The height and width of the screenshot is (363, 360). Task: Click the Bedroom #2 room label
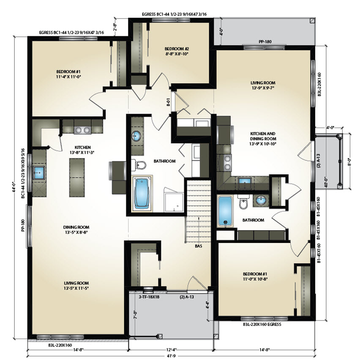(x=177, y=52)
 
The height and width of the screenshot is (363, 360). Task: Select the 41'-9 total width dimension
(x=172, y=356)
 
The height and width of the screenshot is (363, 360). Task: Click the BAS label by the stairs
(x=199, y=246)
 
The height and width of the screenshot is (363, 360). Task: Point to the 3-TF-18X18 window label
(x=149, y=297)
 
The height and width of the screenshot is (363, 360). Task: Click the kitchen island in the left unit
(x=76, y=177)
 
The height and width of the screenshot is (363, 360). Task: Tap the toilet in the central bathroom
(x=139, y=165)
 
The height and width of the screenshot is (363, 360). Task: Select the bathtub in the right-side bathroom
(x=225, y=211)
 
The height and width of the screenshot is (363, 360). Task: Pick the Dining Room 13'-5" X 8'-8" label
(x=76, y=230)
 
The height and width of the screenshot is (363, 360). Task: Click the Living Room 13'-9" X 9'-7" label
(x=263, y=85)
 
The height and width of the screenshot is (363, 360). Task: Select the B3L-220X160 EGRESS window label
(x=262, y=325)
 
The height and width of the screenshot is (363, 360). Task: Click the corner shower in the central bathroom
(x=174, y=200)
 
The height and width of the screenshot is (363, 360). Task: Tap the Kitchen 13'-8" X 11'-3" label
(x=83, y=150)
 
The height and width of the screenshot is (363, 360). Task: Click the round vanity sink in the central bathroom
(x=136, y=136)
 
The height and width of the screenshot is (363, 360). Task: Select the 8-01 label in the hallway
(x=168, y=102)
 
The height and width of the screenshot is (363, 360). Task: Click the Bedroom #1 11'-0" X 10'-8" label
(x=255, y=276)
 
